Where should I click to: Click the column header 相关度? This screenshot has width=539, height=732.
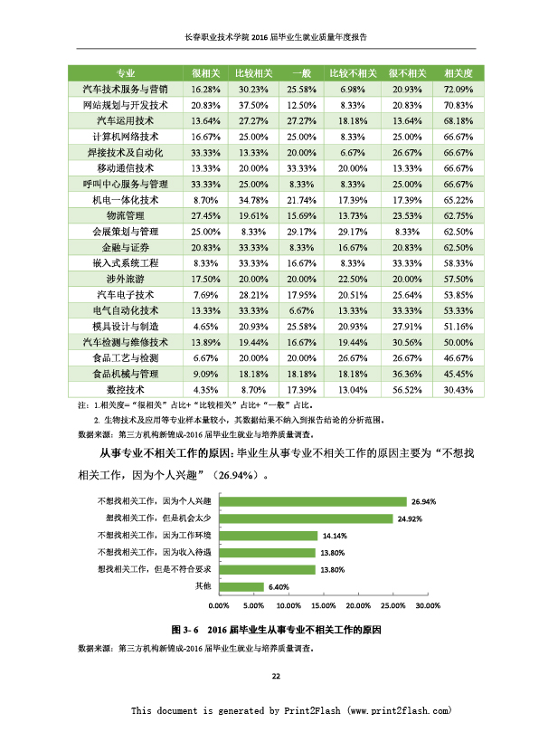(x=458, y=73)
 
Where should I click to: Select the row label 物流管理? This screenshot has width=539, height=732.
(x=125, y=215)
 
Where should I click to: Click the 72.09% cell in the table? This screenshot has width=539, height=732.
(x=458, y=90)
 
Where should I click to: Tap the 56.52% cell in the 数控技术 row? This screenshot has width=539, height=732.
(x=406, y=390)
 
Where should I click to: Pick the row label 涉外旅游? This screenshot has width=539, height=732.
(x=125, y=280)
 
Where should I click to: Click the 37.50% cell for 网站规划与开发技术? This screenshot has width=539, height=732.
(x=253, y=105)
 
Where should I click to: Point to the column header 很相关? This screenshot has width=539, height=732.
(x=205, y=73)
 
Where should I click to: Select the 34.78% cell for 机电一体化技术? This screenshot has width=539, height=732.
(x=253, y=200)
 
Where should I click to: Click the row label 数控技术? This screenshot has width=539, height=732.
(x=125, y=390)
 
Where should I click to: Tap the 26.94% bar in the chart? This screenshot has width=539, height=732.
(x=313, y=502)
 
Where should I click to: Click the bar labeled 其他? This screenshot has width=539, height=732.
(x=241, y=587)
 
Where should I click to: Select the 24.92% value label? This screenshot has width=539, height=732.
(x=410, y=518)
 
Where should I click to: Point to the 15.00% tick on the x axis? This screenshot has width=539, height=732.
(x=324, y=605)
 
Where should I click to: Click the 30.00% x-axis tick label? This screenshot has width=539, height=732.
(x=428, y=605)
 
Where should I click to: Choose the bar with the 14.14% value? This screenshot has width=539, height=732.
(x=269, y=536)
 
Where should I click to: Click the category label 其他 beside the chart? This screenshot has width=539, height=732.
(x=203, y=586)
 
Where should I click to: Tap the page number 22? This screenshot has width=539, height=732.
(x=276, y=676)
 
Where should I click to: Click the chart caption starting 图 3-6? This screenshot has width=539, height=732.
(x=276, y=630)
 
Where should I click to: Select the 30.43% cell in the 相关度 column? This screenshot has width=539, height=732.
(x=458, y=390)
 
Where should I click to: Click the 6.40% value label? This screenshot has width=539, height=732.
(x=279, y=587)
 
